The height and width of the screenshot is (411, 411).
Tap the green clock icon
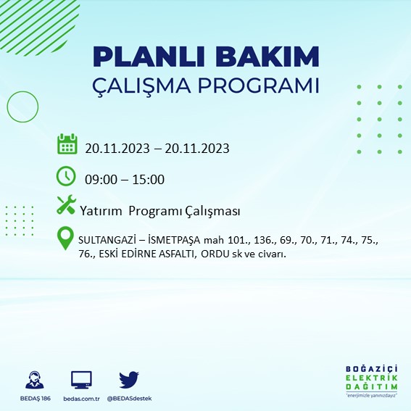(x=66, y=175)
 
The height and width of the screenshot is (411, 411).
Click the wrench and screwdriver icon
(x=66, y=206)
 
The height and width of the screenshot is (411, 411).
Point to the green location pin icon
(x=66, y=240)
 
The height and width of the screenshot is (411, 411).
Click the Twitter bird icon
(x=129, y=380)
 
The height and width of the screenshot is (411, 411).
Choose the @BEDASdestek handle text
(x=129, y=399)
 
